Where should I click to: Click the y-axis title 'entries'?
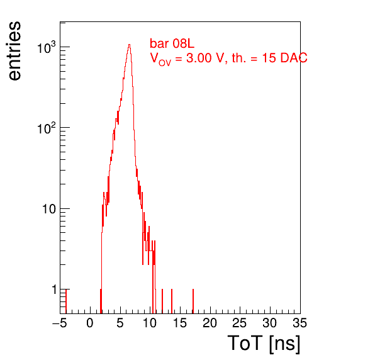tap(14, 51)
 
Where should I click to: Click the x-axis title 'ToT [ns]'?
tap(264, 343)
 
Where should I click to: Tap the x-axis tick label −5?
tap(60, 323)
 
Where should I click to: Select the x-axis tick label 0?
tap(90, 323)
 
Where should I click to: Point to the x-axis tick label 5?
tap(120, 323)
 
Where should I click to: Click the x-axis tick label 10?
tap(150, 323)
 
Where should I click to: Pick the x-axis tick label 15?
tap(180, 323)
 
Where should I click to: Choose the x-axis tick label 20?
tap(210, 323)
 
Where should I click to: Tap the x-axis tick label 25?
tap(240, 323)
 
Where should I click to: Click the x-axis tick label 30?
tap(270, 323)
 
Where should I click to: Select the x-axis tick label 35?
tap(300, 323)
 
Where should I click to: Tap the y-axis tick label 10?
tap(49, 209)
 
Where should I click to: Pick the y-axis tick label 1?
tap(54, 290)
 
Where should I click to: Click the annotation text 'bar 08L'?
tap(172, 43)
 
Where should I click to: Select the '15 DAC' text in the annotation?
tap(284, 58)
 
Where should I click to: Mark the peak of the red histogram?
tap(129, 45)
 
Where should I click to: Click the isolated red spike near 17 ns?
tap(193, 301)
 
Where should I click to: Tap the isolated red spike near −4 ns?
tap(66, 301)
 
